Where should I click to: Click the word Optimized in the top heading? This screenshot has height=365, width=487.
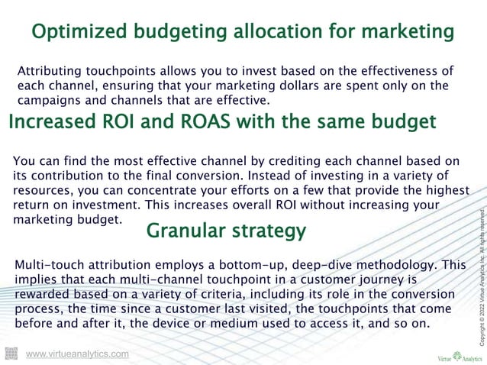click(79, 33)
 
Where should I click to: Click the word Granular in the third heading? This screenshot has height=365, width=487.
click(183, 231)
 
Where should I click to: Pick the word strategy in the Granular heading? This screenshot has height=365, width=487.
click(266, 231)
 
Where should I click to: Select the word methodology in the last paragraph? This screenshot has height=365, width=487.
click(402, 265)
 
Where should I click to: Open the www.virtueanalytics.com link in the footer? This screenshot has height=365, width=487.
click(77, 354)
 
